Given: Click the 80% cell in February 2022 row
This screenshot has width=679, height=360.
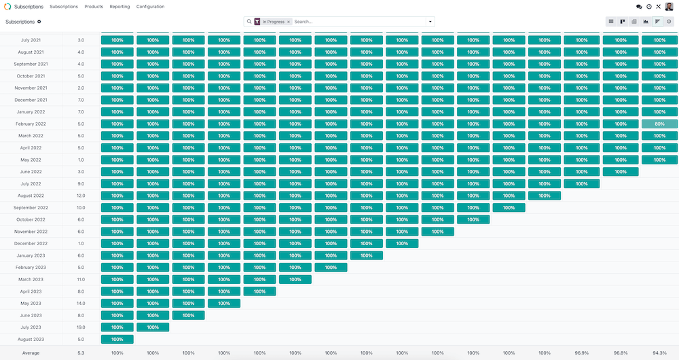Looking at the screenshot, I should click(659, 124).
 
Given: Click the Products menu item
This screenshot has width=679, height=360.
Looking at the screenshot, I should click(94, 7).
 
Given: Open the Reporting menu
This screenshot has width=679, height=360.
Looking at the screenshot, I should click(120, 7).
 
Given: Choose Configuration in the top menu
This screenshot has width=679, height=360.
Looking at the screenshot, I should click(150, 7).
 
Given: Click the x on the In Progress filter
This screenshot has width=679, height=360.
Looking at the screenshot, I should click(289, 22).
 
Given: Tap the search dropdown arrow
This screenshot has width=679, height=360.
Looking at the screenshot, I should click(430, 22).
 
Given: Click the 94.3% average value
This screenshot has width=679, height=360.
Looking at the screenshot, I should click(659, 353).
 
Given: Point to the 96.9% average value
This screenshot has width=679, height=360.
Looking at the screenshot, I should click(581, 353).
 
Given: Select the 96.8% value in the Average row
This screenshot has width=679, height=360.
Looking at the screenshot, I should click(621, 353).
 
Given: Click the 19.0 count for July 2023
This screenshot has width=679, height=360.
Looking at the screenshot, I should click(81, 327).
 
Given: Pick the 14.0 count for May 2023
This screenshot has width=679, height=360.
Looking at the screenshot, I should click(81, 303).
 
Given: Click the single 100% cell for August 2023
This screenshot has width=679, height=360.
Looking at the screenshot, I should click(117, 339).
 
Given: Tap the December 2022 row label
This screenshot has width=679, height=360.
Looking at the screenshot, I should click(31, 243).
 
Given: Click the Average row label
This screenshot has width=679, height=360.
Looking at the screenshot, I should click(31, 353).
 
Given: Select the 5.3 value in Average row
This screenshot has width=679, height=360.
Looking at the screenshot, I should click(81, 353).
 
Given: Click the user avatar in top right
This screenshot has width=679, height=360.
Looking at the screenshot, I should click(669, 7).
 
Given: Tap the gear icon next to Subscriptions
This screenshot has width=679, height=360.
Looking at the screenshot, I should click(39, 22).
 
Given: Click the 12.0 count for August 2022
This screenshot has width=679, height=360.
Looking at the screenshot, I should click(81, 196).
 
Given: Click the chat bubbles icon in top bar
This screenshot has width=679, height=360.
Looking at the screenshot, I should click(639, 7).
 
